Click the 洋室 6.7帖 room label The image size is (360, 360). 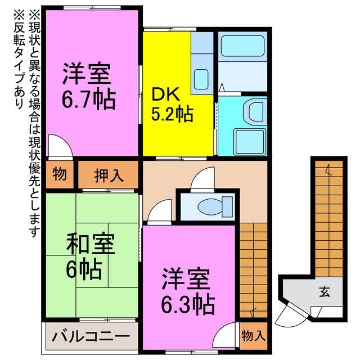pos(88,87)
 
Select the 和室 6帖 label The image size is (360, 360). pos(90,257)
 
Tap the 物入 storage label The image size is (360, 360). pos(253,336)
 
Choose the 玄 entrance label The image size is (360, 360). pos(325,291)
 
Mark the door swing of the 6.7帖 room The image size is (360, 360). pos(58,145)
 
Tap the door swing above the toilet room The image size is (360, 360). pos(201,181)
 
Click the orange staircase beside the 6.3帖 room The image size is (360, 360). pos(253,270)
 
